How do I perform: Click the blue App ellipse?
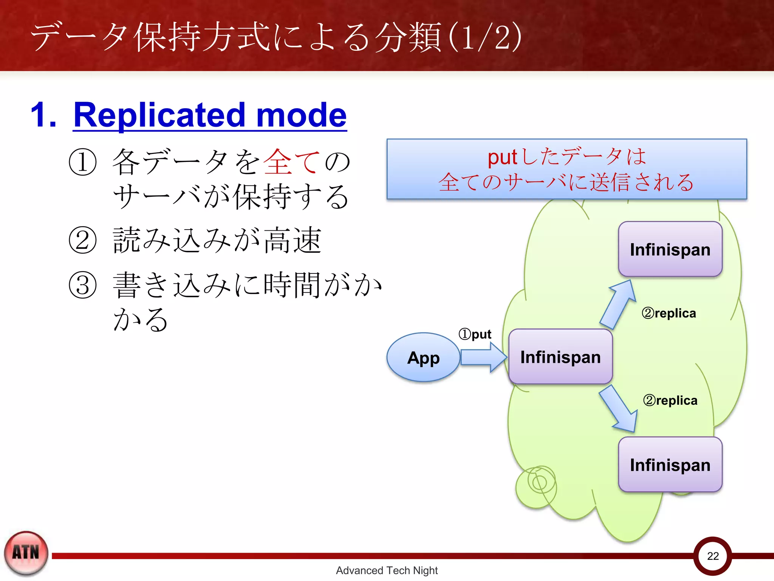coord(423,357)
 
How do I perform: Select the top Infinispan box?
coord(670,249)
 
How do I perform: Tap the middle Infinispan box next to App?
coord(560,357)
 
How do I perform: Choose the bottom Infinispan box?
coord(670,464)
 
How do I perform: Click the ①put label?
coord(475,334)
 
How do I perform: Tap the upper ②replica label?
coord(669,313)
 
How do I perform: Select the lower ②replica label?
coord(670,400)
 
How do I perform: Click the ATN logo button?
coord(26,553)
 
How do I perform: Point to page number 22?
coord(713,556)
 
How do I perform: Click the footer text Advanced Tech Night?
coord(387,570)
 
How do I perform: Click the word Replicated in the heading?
coord(159,115)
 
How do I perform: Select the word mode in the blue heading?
coord(301,115)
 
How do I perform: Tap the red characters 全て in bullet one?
coord(291,162)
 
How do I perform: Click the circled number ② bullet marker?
coord(83,240)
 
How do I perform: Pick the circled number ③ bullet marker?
coord(83,285)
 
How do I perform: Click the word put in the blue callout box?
coord(502,157)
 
